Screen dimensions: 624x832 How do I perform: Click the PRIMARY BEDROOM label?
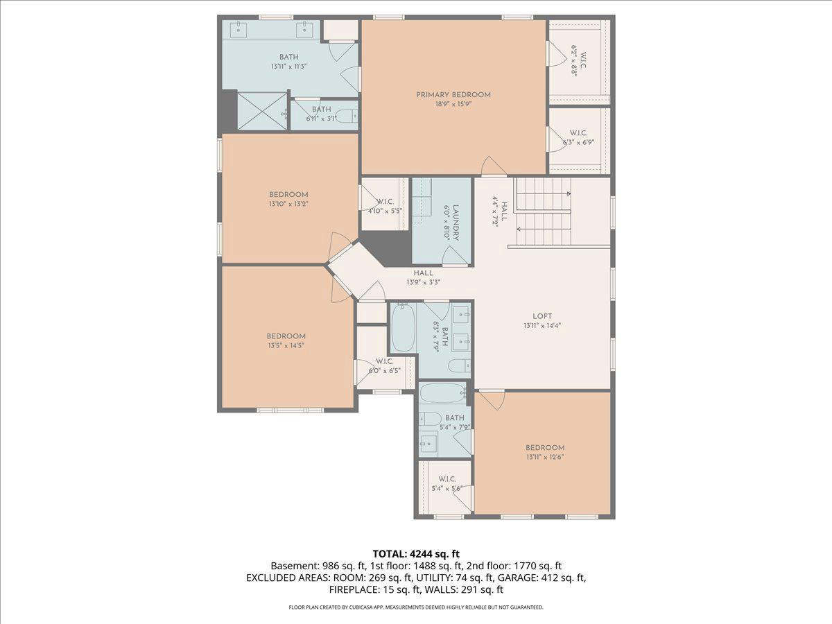pos(453,95)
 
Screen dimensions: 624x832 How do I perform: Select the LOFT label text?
pos(542,316)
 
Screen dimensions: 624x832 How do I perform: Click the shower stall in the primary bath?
pos(261,111)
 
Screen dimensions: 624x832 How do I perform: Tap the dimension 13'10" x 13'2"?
pos(288,204)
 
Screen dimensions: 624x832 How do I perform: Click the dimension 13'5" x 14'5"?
pos(286,345)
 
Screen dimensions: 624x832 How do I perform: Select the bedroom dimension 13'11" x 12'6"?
pos(544,457)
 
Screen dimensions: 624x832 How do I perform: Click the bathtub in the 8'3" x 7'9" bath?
pos(403,329)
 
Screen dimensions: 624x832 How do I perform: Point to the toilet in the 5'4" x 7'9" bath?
pos(431,419)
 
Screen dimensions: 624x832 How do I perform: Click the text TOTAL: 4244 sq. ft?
pos(416,553)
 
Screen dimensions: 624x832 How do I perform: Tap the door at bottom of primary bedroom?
pos(494,167)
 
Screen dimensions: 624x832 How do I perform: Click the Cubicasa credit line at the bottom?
pos(416,607)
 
